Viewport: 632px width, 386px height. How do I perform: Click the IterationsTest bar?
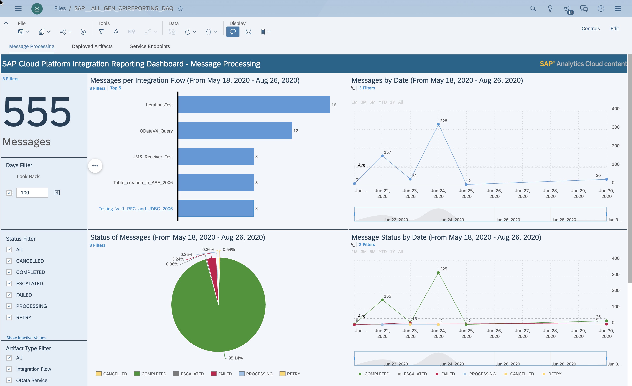click(x=254, y=105)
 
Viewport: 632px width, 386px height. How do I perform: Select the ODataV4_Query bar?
click(x=235, y=131)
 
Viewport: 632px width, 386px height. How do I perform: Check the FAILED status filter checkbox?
click(x=9, y=295)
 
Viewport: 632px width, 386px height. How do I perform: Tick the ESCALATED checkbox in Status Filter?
click(x=9, y=283)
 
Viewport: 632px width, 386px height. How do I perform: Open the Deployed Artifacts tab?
click(x=92, y=46)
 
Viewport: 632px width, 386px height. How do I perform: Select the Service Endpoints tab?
click(x=150, y=46)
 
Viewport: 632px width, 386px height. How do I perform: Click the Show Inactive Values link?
click(x=26, y=338)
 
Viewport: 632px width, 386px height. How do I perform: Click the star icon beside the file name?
click(x=180, y=8)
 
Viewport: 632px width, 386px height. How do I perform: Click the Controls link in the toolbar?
click(x=590, y=28)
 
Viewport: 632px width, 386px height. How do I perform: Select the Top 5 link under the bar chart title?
click(x=116, y=88)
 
